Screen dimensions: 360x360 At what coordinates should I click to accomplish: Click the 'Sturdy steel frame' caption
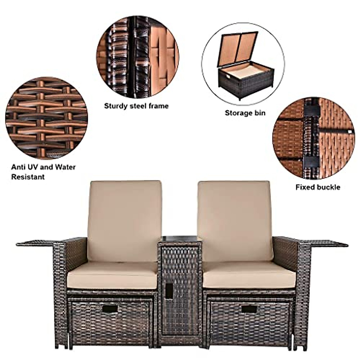point(136,106)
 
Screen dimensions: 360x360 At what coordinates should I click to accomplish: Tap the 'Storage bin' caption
point(245,113)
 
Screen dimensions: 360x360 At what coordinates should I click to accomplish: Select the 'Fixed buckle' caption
point(318,187)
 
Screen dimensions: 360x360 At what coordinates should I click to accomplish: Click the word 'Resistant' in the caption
point(28,177)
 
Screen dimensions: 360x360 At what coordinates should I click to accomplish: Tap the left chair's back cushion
point(124,220)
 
